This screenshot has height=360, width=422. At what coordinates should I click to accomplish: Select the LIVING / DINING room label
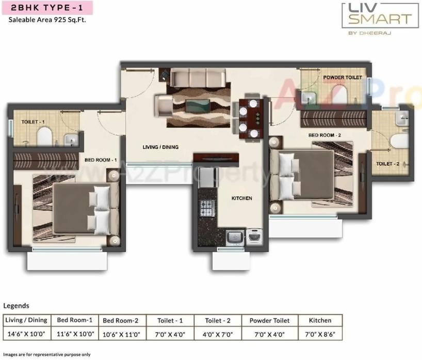(x=160, y=147)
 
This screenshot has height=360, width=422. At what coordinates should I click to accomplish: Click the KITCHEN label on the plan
(x=241, y=198)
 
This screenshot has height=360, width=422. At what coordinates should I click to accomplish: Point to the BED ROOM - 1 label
(x=101, y=160)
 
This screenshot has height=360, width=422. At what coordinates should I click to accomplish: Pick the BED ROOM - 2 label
(x=325, y=135)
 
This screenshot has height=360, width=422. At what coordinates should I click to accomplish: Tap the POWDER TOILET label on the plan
(x=343, y=77)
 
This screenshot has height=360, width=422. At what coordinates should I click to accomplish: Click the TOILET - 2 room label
(x=388, y=164)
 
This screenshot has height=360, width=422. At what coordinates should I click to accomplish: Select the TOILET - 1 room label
(x=33, y=122)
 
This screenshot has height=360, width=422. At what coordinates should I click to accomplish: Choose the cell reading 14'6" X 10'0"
(x=26, y=334)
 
